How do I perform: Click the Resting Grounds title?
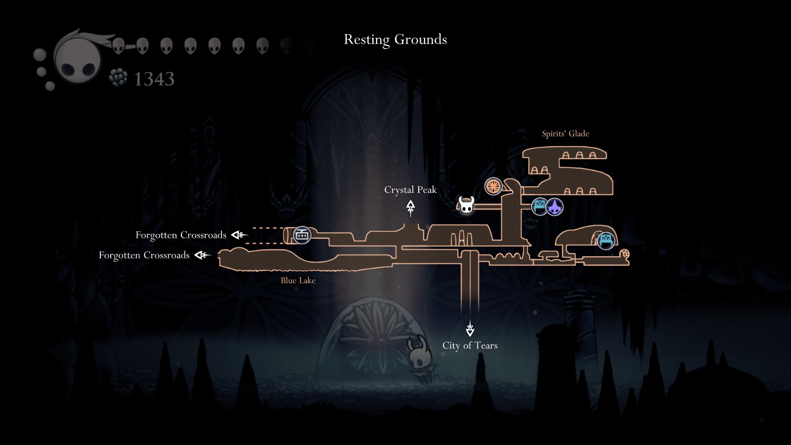coord(395,40)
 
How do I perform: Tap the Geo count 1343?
coord(154,79)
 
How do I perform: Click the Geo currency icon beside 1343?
coord(118,77)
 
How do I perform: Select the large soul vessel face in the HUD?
coord(77,59)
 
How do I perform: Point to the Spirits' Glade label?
coord(566,133)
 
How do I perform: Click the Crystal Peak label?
coord(410,190)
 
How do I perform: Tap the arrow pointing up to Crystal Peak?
coord(410,208)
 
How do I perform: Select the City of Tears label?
coord(470,345)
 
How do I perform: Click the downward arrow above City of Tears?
coord(470,328)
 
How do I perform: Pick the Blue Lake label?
coord(298,280)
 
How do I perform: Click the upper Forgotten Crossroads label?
coord(181,235)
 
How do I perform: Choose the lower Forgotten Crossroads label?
coord(144,255)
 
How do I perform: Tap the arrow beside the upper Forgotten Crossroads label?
coord(239,235)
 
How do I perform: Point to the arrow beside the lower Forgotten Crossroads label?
coord(203,255)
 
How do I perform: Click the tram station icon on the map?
coord(302,235)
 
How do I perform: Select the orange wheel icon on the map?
coord(493,186)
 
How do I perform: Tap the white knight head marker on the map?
coord(466,205)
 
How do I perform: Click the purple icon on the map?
coord(554,207)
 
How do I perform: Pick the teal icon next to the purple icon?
coord(539,207)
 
